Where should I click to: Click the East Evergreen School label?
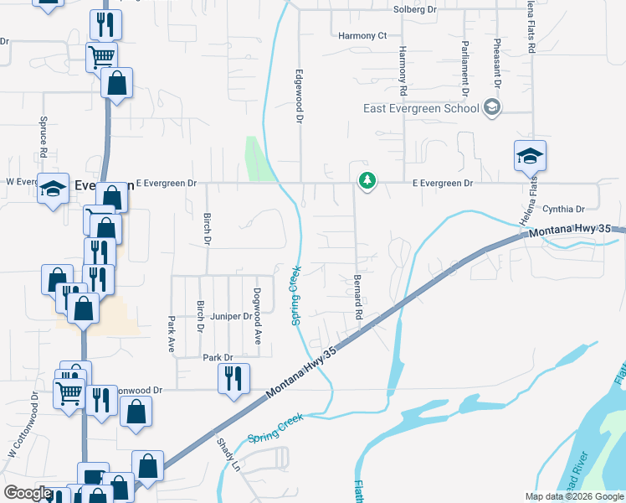[421, 108]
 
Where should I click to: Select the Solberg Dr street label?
[415, 10]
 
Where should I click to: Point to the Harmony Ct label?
[363, 36]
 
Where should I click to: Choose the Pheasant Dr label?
[497, 64]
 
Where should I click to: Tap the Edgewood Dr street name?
[297, 96]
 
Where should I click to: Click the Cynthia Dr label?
[563, 209]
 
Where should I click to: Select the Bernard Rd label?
[357, 296]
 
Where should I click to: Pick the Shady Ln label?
[228, 455]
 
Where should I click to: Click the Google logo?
[28, 493]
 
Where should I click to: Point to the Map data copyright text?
[573, 496]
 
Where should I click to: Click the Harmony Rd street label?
[403, 70]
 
